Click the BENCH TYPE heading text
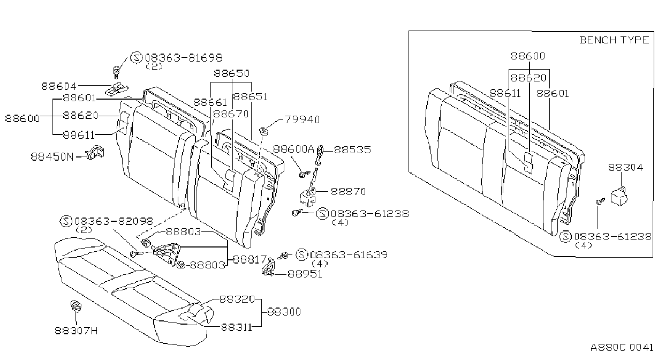614,40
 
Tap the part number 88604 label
59,86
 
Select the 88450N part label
52,156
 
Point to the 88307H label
76,331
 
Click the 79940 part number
302,119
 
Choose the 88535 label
352,149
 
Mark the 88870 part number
349,192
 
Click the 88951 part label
305,274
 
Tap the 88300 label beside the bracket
284,312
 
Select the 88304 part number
625,168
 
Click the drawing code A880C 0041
622,348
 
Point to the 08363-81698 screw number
184,58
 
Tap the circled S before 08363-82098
66,221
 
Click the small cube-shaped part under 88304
618,196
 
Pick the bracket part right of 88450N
95,152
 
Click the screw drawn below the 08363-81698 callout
116,72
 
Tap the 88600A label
293,149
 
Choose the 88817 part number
249,259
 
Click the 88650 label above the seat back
231,73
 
